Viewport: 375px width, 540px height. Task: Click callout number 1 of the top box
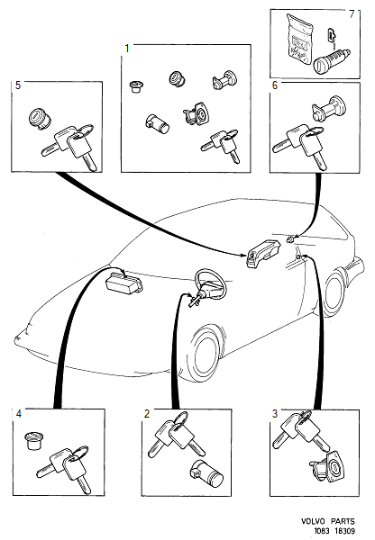(x=127, y=47)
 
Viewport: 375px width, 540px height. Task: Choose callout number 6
(x=274, y=85)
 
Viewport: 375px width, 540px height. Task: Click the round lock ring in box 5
(x=41, y=118)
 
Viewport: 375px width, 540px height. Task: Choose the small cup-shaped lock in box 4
(x=33, y=441)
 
